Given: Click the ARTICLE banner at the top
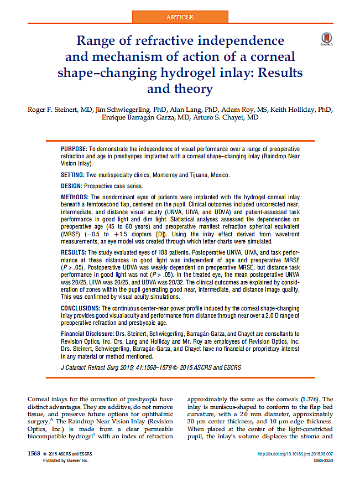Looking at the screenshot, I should point(180,17).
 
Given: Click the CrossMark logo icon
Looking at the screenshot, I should point(327,39).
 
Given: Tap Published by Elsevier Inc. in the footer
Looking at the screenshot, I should point(66,460).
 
